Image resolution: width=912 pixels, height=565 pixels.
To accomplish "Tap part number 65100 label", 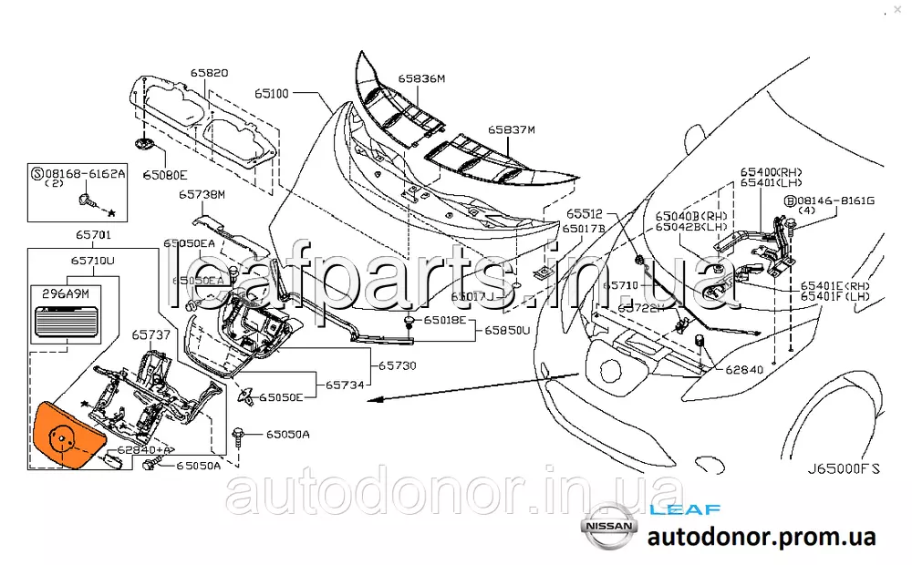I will (271, 93).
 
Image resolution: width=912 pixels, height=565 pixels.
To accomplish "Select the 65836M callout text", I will (420, 79).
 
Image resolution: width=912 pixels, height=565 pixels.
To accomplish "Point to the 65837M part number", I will (511, 130).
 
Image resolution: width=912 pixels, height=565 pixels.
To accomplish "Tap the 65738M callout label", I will (201, 194).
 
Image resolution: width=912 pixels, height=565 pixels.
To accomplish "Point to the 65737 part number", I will (150, 335).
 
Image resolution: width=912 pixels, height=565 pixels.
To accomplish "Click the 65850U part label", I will (506, 330).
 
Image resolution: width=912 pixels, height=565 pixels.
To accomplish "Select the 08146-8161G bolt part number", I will (834, 200).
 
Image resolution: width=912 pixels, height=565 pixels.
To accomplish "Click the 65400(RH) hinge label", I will (772, 171).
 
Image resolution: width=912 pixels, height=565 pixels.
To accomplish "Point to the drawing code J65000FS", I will (844, 470).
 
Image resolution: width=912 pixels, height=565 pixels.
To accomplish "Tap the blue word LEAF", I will (685, 510).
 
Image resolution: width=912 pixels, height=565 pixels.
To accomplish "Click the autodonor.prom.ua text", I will (762, 538).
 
